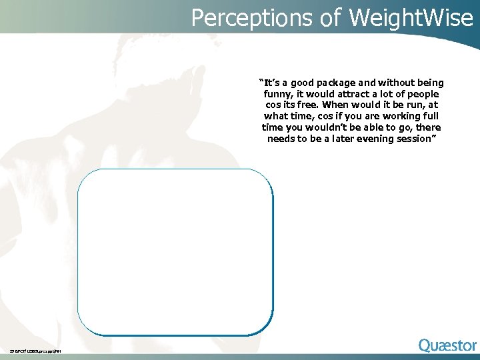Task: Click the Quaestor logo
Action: pos(447,345)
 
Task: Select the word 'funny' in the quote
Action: pos(278,94)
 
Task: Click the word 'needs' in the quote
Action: pos(281,139)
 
